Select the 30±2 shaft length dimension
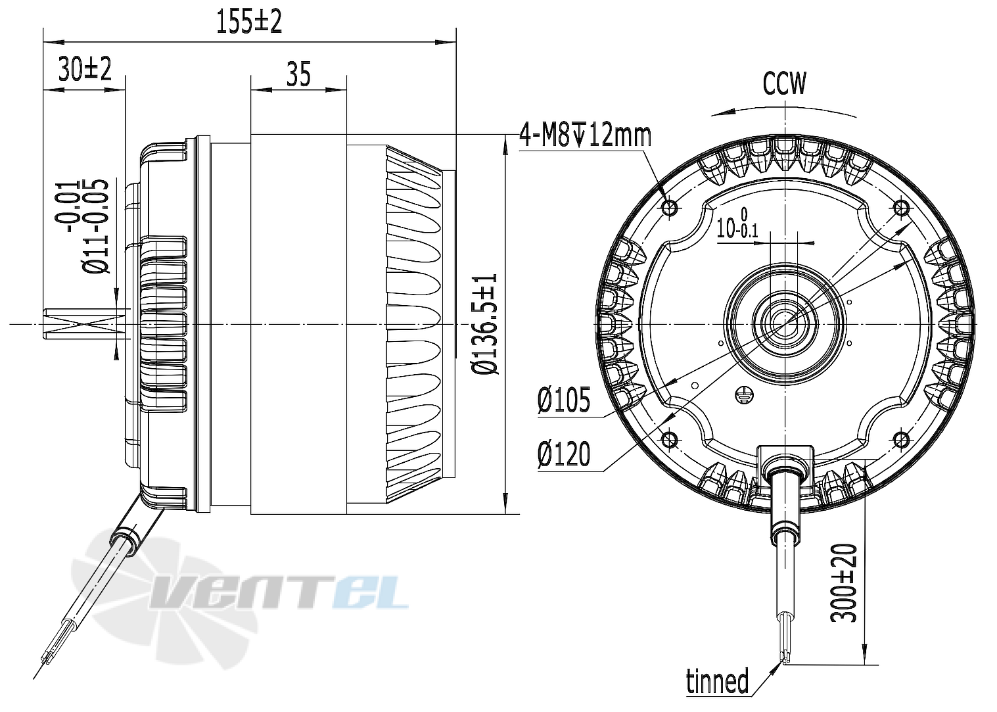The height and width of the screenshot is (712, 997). coord(84,69)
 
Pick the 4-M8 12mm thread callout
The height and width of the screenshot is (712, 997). coord(584,135)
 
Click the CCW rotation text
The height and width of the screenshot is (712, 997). coord(783,84)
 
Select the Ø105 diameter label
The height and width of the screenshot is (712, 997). coord(563,400)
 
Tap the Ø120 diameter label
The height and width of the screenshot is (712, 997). coord(563,454)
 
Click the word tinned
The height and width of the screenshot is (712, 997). coord(717,681)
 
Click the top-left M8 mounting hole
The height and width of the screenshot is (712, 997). coord(670,208)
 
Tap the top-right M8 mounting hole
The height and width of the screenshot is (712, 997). coord(901,208)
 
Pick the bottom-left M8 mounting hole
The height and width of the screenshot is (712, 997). coord(670,439)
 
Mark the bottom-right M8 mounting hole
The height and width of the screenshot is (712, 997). coord(901,439)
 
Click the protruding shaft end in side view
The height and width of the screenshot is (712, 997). coord(79,324)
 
